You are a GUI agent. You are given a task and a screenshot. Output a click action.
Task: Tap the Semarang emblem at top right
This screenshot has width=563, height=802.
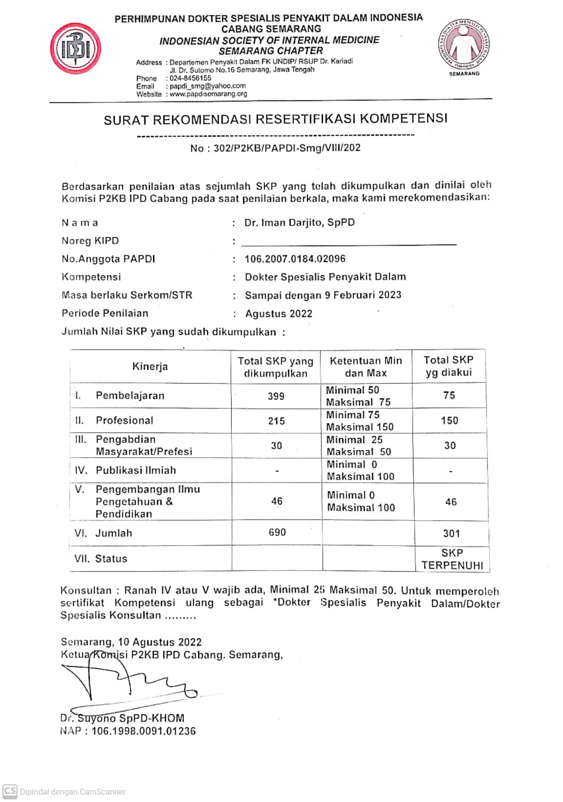(464, 44)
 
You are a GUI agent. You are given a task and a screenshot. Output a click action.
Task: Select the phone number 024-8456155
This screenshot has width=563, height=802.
(190, 78)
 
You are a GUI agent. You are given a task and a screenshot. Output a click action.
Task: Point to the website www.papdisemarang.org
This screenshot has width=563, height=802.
(208, 94)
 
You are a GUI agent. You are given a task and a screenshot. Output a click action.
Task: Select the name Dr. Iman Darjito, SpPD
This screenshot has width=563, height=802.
(299, 223)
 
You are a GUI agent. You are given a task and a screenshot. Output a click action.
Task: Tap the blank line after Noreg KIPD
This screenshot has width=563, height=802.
(349, 242)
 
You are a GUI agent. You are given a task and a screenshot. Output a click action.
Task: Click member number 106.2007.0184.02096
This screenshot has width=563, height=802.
(295, 259)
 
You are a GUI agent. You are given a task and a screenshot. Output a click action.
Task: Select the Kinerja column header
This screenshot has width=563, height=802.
(150, 367)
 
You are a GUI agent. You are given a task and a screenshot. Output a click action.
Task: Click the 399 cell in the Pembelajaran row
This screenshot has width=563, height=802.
(276, 396)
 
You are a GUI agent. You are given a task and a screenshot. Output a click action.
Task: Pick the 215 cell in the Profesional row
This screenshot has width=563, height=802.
(276, 421)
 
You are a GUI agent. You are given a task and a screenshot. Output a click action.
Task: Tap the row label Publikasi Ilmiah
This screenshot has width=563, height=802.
(136, 471)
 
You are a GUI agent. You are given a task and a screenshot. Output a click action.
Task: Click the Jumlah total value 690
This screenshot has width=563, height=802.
(277, 533)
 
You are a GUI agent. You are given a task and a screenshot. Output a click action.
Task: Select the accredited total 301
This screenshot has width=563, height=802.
(451, 533)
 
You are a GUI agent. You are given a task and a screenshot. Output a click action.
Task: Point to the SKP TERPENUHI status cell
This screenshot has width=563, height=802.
(452, 559)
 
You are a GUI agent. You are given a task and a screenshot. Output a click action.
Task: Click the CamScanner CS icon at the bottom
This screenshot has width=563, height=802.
(10, 791)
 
